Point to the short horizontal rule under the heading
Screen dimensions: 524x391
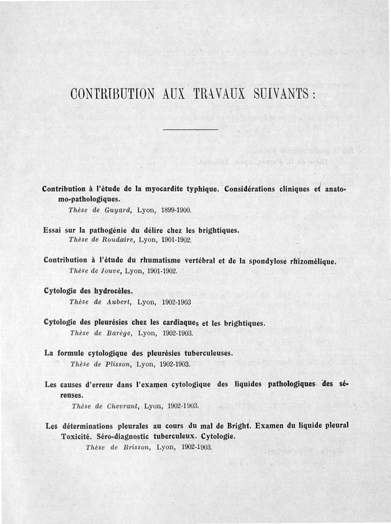[x=190, y=130]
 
